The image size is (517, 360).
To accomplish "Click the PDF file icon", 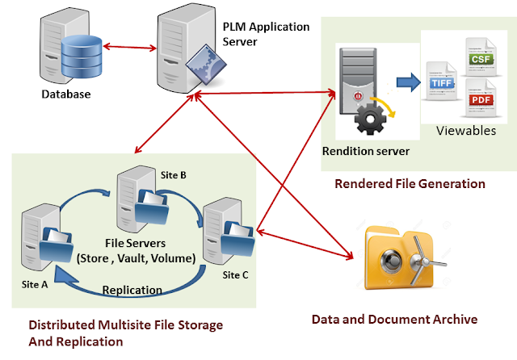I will point(480,100).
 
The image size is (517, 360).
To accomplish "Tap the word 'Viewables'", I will point(465,131).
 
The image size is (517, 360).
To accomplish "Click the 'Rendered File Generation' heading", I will point(410,184).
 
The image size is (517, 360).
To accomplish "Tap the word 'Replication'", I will point(132,289).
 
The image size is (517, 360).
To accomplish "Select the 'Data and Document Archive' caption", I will point(394,320).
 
